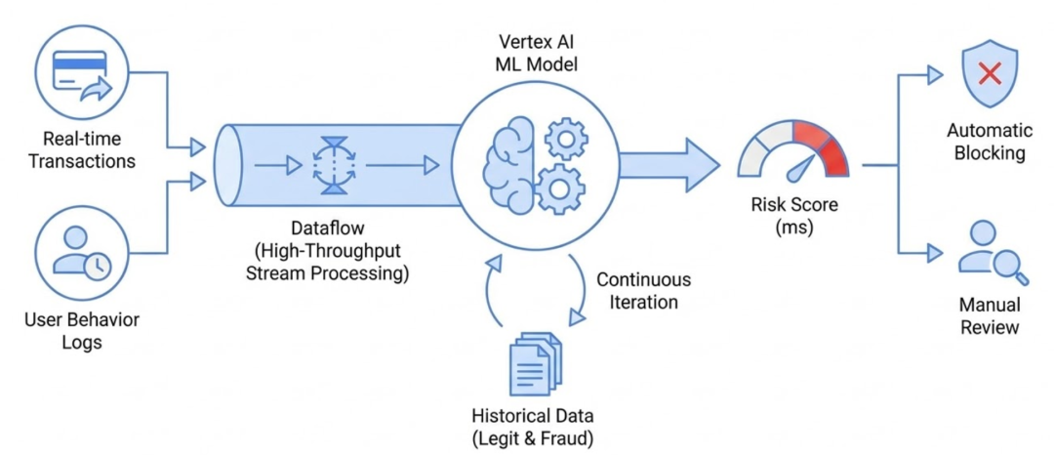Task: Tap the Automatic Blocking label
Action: tap(987, 142)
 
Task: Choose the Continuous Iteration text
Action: tap(636, 290)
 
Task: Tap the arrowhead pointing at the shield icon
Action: tap(935, 74)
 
